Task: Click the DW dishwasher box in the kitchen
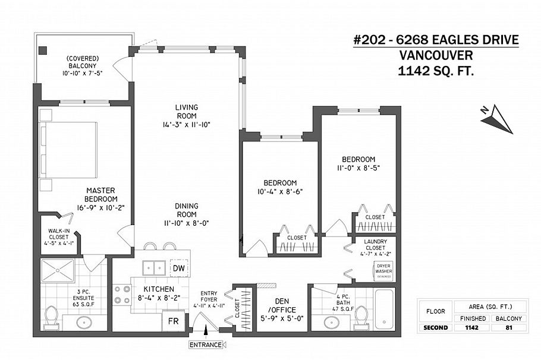click(178, 269)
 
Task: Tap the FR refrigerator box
click(173, 321)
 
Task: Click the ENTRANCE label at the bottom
click(206, 345)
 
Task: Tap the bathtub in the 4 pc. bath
click(386, 309)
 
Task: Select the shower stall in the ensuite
click(57, 271)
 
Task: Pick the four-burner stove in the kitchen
click(122, 295)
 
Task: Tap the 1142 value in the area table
click(471, 327)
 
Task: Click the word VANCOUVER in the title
click(436, 56)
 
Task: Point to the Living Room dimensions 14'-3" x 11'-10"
click(185, 124)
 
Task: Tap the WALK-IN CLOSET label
click(59, 237)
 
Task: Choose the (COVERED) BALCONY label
click(82, 66)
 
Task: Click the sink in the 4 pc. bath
click(332, 321)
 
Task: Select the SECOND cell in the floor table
click(435, 327)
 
